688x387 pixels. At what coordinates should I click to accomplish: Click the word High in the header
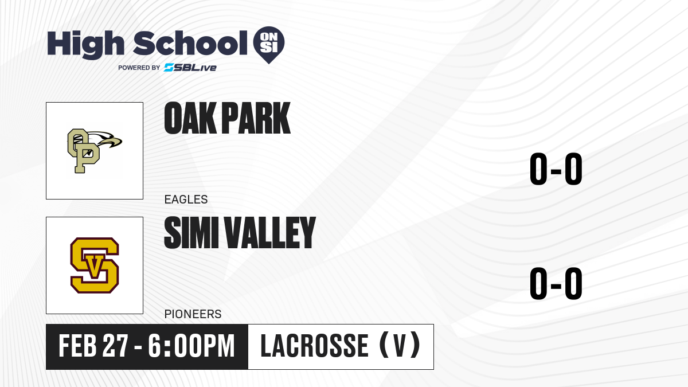click(85, 44)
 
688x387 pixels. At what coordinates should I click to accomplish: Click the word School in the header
click(190, 44)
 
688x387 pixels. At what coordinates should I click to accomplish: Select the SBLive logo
click(190, 68)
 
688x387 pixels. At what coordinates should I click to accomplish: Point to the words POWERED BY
click(139, 68)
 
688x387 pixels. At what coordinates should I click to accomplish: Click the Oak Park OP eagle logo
click(95, 151)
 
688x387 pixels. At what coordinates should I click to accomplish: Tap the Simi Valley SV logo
click(95, 265)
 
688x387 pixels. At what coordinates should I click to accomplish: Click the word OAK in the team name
click(190, 118)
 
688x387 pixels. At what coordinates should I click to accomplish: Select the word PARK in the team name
click(256, 118)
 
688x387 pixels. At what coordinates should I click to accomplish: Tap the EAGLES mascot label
click(186, 200)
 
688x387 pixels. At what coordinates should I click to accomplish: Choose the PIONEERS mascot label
click(193, 314)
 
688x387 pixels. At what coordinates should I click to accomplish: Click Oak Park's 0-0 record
click(556, 169)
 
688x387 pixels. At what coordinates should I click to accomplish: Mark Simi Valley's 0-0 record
click(556, 283)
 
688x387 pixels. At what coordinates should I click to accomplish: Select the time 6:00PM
click(191, 346)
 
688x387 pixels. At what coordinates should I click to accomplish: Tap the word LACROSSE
click(315, 346)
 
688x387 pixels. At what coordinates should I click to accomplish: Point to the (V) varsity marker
click(400, 345)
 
